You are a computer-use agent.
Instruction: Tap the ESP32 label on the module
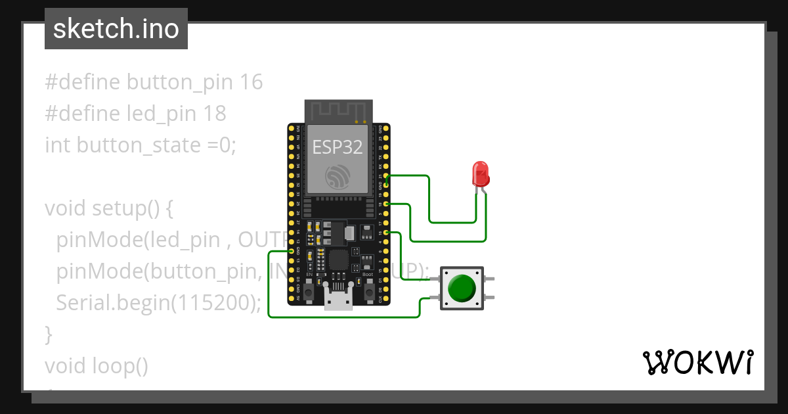tap(338, 147)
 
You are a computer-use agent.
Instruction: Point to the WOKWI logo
tap(697, 362)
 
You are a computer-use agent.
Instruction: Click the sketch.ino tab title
tap(116, 30)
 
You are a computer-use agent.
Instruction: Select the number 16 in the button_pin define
tap(251, 82)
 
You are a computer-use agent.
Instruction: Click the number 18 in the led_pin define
tap(214, 114)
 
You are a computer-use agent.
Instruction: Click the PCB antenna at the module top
tap(339, 111)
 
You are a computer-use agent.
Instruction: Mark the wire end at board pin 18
tap(386, 204)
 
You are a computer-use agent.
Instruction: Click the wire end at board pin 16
tap(386, 233)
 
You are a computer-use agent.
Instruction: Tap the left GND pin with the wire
tap(292, 251)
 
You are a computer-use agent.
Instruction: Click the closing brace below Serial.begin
tap(49, 334)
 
